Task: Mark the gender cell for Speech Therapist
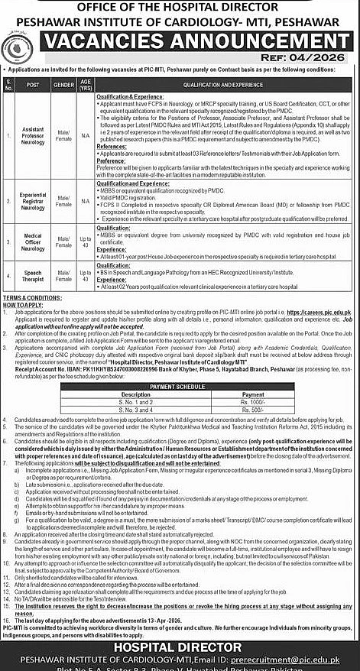tap(65, 274)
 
